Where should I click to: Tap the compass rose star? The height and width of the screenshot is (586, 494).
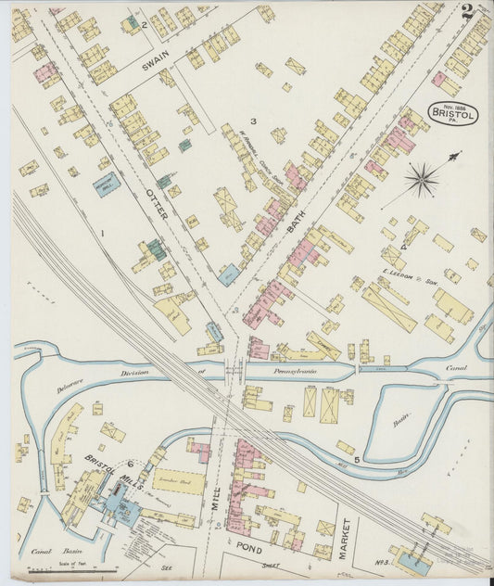pyautogui.click(x=424, y=180)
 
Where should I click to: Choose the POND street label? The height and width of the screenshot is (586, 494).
pyautogui.click(x=254, y=547)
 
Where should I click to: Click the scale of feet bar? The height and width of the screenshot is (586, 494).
pyautogui.click(x=84, y=568)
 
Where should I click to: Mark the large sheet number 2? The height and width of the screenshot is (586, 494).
pyautogui.click(x=466, y=13)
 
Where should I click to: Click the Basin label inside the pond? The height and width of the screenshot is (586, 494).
pyautogui.click(x=400, y=419)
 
